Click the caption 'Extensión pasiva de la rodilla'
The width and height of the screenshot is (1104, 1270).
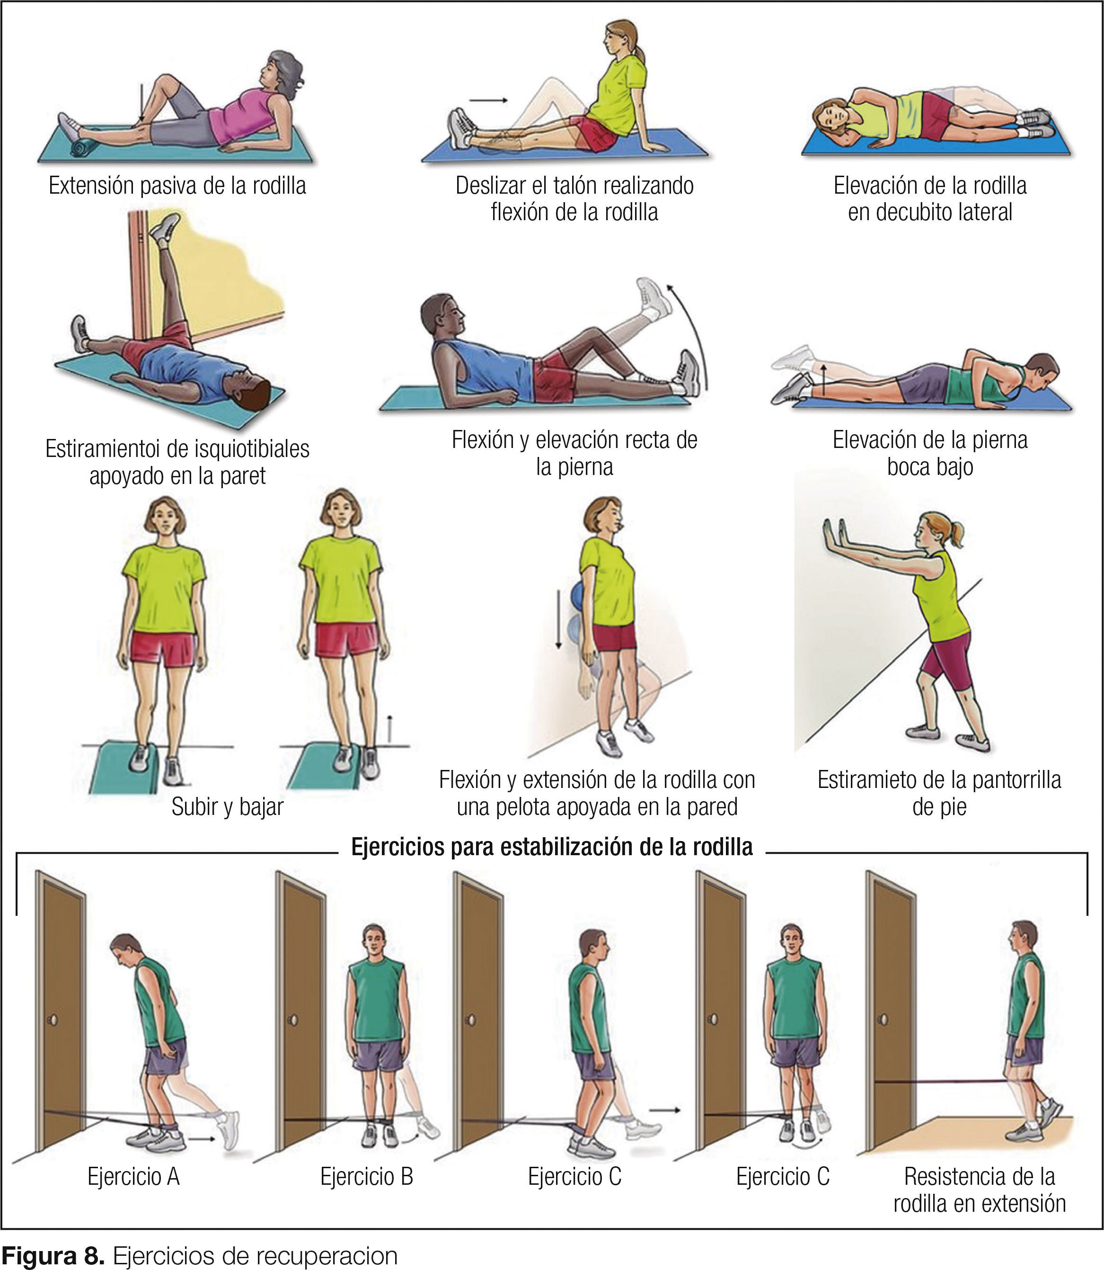click(177, 186)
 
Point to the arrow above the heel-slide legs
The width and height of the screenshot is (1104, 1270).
click(488, 100)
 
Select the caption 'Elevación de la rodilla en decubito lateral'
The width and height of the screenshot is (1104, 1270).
click(930, 198)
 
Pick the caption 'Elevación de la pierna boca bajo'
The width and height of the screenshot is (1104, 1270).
click(930, 453)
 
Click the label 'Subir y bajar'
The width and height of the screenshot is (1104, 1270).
click(227, 806)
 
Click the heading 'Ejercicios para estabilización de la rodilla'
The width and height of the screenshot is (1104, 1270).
click(552, 847)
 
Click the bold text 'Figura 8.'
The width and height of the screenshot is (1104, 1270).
click(53, 1255)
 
